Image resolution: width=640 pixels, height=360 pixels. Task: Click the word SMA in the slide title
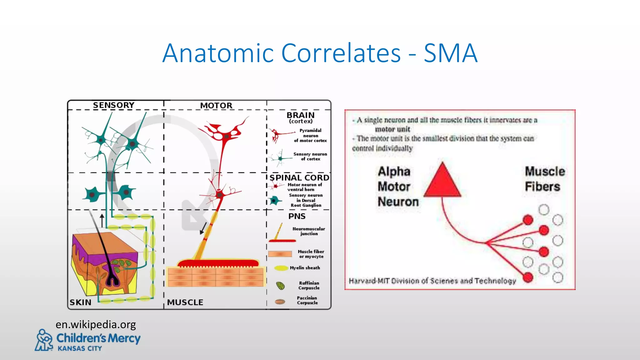[x=450, y=53]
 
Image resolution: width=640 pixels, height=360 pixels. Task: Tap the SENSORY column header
[x=114, y=105]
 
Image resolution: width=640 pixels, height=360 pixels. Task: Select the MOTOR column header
[x=216, y=106]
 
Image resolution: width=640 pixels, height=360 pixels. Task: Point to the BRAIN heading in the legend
[x=300, y=115]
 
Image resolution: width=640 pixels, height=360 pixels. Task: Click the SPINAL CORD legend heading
[x=299, y=177]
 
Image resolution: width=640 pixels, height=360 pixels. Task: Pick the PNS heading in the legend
[x=297, y=216]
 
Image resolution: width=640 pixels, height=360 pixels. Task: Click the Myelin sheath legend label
[x=305, y=268]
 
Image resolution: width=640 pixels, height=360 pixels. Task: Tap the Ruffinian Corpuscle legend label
[x=309, y=285]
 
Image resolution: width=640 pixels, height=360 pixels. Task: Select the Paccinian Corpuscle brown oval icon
[x=280, y=302]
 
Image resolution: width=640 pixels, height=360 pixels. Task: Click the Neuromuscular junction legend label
[x=309, y=231]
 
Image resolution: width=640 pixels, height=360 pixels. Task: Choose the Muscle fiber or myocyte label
[x=311, y=254]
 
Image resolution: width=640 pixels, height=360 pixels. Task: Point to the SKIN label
[x=81, y=302]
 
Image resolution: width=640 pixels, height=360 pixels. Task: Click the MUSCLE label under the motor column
[x=185, y=302]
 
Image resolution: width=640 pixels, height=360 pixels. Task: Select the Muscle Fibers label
[x=545, y=179]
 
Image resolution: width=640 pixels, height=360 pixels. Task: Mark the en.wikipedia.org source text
[x=96, y=324]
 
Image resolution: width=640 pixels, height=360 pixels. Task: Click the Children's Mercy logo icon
[x=44, y=340]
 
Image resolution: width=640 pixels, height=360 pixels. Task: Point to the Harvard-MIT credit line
[x=432, y=281]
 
